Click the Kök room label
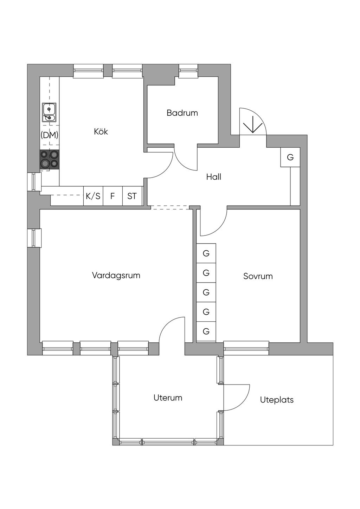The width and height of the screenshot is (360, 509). click(101, 131)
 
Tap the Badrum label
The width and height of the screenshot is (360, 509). click(182, 113)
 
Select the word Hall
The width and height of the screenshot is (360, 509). click(213, 177)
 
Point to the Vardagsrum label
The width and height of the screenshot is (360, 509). click(116, 275)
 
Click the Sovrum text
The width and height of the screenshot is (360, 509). click(258, 276)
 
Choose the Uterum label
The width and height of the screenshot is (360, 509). click(168, 398)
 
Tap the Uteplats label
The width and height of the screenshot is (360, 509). click(277, 400)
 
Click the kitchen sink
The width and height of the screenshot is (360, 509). click(49, 112)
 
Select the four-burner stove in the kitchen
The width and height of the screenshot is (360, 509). click(49, 159)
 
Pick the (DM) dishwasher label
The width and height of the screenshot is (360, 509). click(49, 135)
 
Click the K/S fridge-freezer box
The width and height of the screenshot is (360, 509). click(93, 196)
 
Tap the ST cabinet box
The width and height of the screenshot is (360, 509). click(132, 196)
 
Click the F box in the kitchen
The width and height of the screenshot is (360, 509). click(112, 196)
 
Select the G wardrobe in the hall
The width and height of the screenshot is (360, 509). click(290, 157)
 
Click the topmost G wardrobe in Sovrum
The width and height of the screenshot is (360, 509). click(206, 253)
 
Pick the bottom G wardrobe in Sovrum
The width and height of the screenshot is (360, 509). click(206, 331)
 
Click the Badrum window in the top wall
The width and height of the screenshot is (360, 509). click(188, 70)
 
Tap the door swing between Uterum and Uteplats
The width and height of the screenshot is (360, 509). click(237, 397)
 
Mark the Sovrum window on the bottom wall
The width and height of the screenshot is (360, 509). click(246, 348)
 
